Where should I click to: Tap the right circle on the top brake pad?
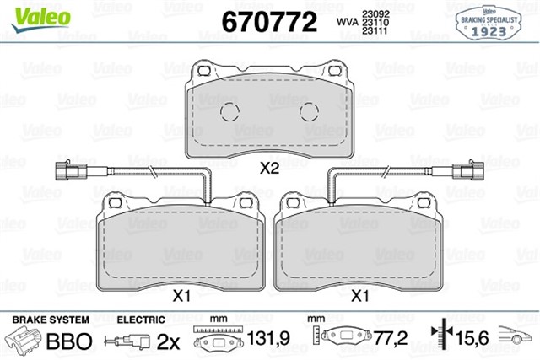tap(310, 110)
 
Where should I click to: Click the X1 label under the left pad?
tap(181, 296)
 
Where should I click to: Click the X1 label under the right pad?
tap(360, 296)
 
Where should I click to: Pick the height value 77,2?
tap(390, 341)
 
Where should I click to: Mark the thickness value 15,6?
tap(472, 341)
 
